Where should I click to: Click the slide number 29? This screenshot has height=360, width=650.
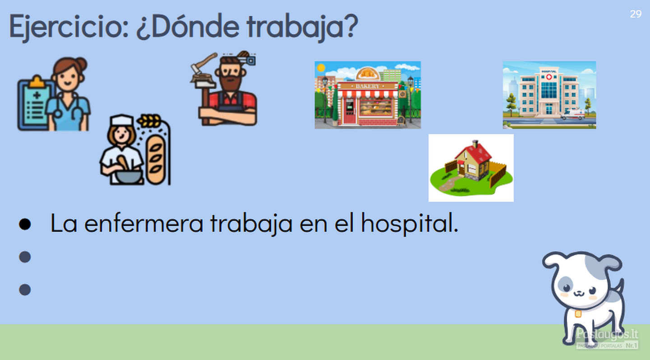click(636, 14)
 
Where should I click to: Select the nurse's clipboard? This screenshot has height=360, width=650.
click(34, 103)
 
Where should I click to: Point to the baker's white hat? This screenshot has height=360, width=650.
click(122, 120)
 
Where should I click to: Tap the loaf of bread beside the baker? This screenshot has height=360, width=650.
click(156, 160)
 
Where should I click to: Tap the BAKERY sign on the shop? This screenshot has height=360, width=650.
click(367, 86)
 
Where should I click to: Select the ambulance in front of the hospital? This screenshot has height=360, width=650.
click(573, 114)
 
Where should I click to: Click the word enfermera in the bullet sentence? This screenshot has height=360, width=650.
click(144, 224)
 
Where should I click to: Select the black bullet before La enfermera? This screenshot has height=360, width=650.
click(25, 224)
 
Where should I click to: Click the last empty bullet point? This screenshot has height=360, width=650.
click(25, 290)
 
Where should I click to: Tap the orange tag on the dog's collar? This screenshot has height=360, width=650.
click(578, 314)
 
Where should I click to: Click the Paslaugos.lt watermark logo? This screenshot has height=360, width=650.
click(607, 338)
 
